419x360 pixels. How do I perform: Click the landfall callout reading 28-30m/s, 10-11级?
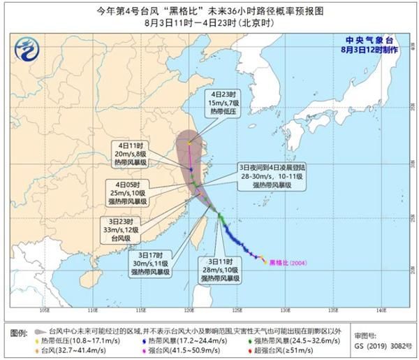click(271, 178)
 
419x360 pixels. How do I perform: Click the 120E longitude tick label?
click(189, 309)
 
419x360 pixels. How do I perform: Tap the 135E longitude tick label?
click(333, 309)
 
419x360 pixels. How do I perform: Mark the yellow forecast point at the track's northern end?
click(189, 144)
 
